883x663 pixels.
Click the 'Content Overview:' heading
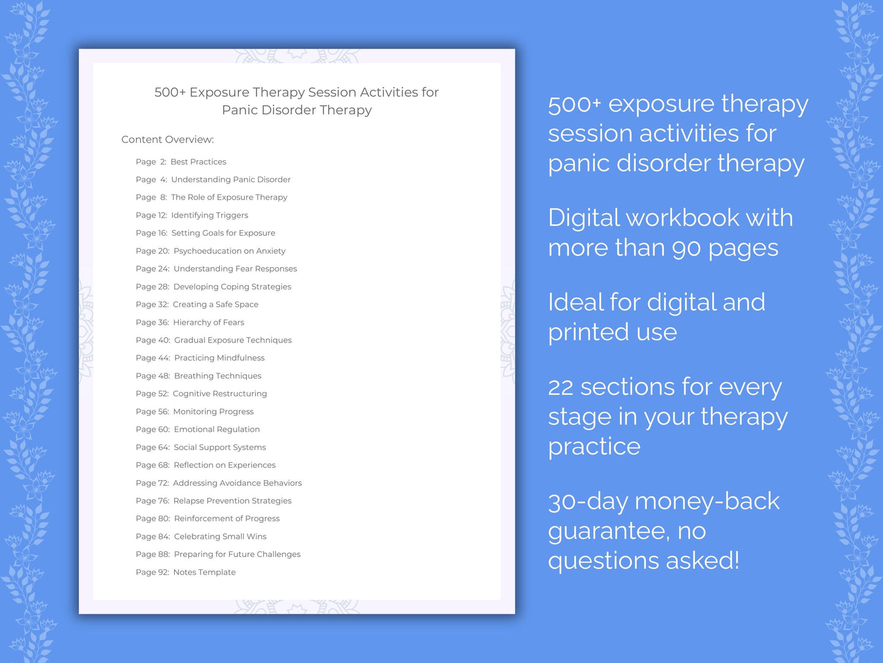[167, 139]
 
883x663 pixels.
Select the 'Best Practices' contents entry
[198, 162]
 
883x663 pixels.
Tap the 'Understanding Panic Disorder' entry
[230, 180]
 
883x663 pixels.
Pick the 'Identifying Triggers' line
[210, 215]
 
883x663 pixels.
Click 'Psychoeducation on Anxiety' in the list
[229, 251]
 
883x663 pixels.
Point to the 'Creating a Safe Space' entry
[215, 305]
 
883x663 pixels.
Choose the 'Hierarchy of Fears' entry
[208, 322]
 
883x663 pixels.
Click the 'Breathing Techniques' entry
[218, 376]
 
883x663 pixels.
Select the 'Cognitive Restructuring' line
[219, 394]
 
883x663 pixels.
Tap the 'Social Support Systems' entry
[219, 448]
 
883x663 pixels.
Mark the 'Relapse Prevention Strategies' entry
[232, 501]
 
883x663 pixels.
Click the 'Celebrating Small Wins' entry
[220, 537]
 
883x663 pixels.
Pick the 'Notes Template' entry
[204, 572]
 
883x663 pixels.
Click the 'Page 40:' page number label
[153, 341]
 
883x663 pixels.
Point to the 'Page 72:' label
[152, 483]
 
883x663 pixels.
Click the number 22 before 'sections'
[560, 388]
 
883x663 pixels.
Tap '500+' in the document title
[170, 92]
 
